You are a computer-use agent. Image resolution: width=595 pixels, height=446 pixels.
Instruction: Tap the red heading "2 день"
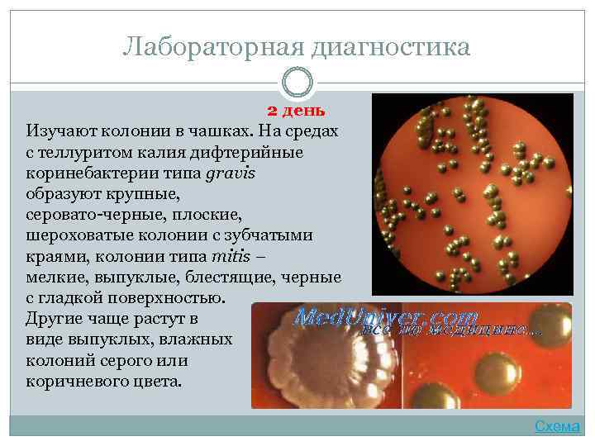pos(295,111)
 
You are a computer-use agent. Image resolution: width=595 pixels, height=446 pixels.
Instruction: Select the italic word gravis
pos(229,173)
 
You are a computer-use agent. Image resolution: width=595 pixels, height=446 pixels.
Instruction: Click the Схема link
pos(557,426)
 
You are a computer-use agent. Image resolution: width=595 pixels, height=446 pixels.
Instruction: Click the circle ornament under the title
pos(297,83)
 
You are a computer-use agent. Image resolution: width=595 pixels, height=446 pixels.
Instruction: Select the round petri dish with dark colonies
pos(472,194)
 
